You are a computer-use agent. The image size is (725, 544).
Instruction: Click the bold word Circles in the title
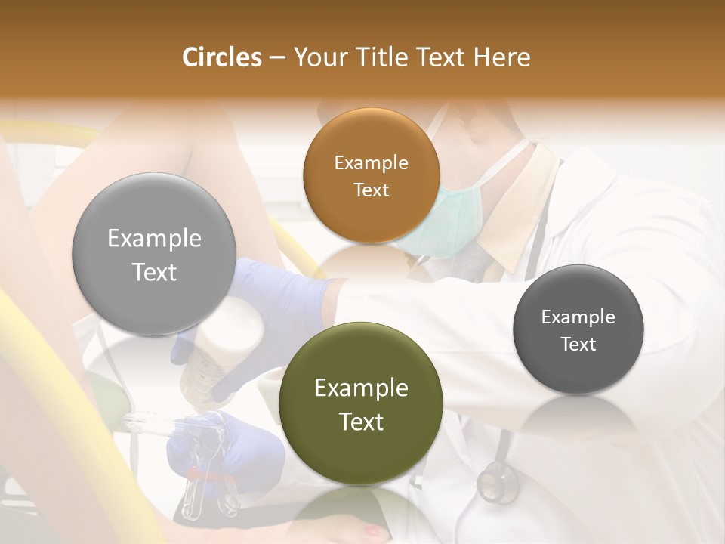click(x=221, y=57)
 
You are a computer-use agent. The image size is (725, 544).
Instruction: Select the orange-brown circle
click(x=371, y=176)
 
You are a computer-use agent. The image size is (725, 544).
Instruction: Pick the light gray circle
click(x=154, y=255)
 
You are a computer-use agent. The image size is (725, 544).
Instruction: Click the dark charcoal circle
click(x=578, y=330)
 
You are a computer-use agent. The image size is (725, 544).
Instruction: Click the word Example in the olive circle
click(x=361, y=388)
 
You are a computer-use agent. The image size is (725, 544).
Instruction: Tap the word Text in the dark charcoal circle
click(x=578, y=345)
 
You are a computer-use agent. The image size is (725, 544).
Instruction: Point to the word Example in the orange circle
click(x=371, y=163)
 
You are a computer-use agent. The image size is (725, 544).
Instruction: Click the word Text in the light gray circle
click(x=154, y=272)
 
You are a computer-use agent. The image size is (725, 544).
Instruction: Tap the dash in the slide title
click(x=276, y=58)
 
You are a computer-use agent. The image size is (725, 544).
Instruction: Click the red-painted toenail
click(x=375, y=531)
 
